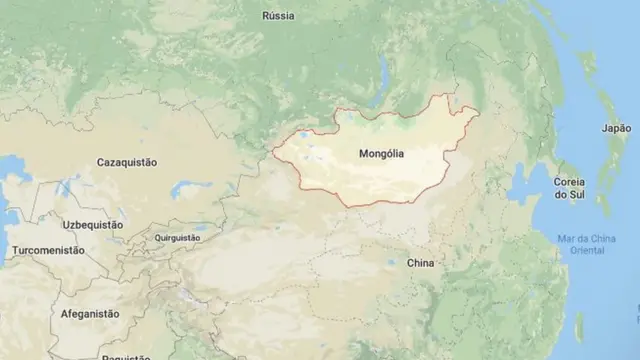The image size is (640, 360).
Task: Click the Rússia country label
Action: tap(277, 16)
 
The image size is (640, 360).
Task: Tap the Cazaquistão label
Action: tap(126, 162)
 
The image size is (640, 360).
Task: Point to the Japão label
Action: tap(616, 128)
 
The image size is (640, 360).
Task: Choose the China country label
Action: tap(420, 263)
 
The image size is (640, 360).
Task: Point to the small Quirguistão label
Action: tap(177, 238)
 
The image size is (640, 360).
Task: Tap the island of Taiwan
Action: tap(580, 327)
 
